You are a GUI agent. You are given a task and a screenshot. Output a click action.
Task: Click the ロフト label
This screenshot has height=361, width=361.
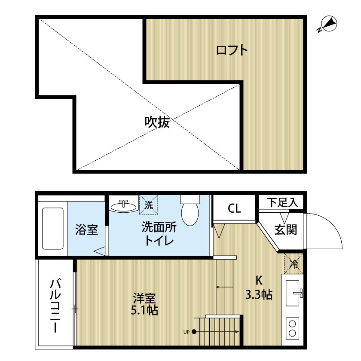pos(232,51)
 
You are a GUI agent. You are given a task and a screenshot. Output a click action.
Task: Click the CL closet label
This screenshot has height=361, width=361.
pos(234,209)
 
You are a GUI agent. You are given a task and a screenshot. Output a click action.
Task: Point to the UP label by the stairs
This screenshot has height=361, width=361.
pos(187,332)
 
